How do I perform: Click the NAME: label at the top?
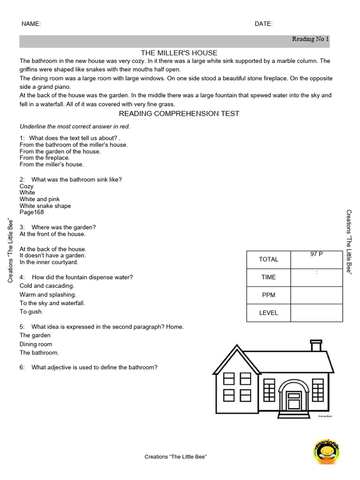coord(31,24)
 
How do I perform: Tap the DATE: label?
coord(263,24)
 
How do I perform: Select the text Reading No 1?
coord(310,39)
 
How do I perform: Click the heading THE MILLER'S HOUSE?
coord(179,53)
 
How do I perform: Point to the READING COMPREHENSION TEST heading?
coord(179,113)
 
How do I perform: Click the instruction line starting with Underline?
coord(75,127)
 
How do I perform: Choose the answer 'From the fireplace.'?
coord(45,158)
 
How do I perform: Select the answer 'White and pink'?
coord(39,199)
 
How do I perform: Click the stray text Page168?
coord(32,212)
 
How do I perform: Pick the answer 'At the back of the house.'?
coord(53,249)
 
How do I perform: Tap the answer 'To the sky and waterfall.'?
coord(52,303)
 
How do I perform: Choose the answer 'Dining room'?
coord(36,344)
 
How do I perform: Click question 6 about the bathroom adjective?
coord(89,367)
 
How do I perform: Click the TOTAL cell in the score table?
coord(269,259)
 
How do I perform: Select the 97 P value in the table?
coord(316,254)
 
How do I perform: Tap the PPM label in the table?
coord(269,295)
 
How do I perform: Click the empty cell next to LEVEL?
coord(316,313)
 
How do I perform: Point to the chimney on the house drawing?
coord(316,346)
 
